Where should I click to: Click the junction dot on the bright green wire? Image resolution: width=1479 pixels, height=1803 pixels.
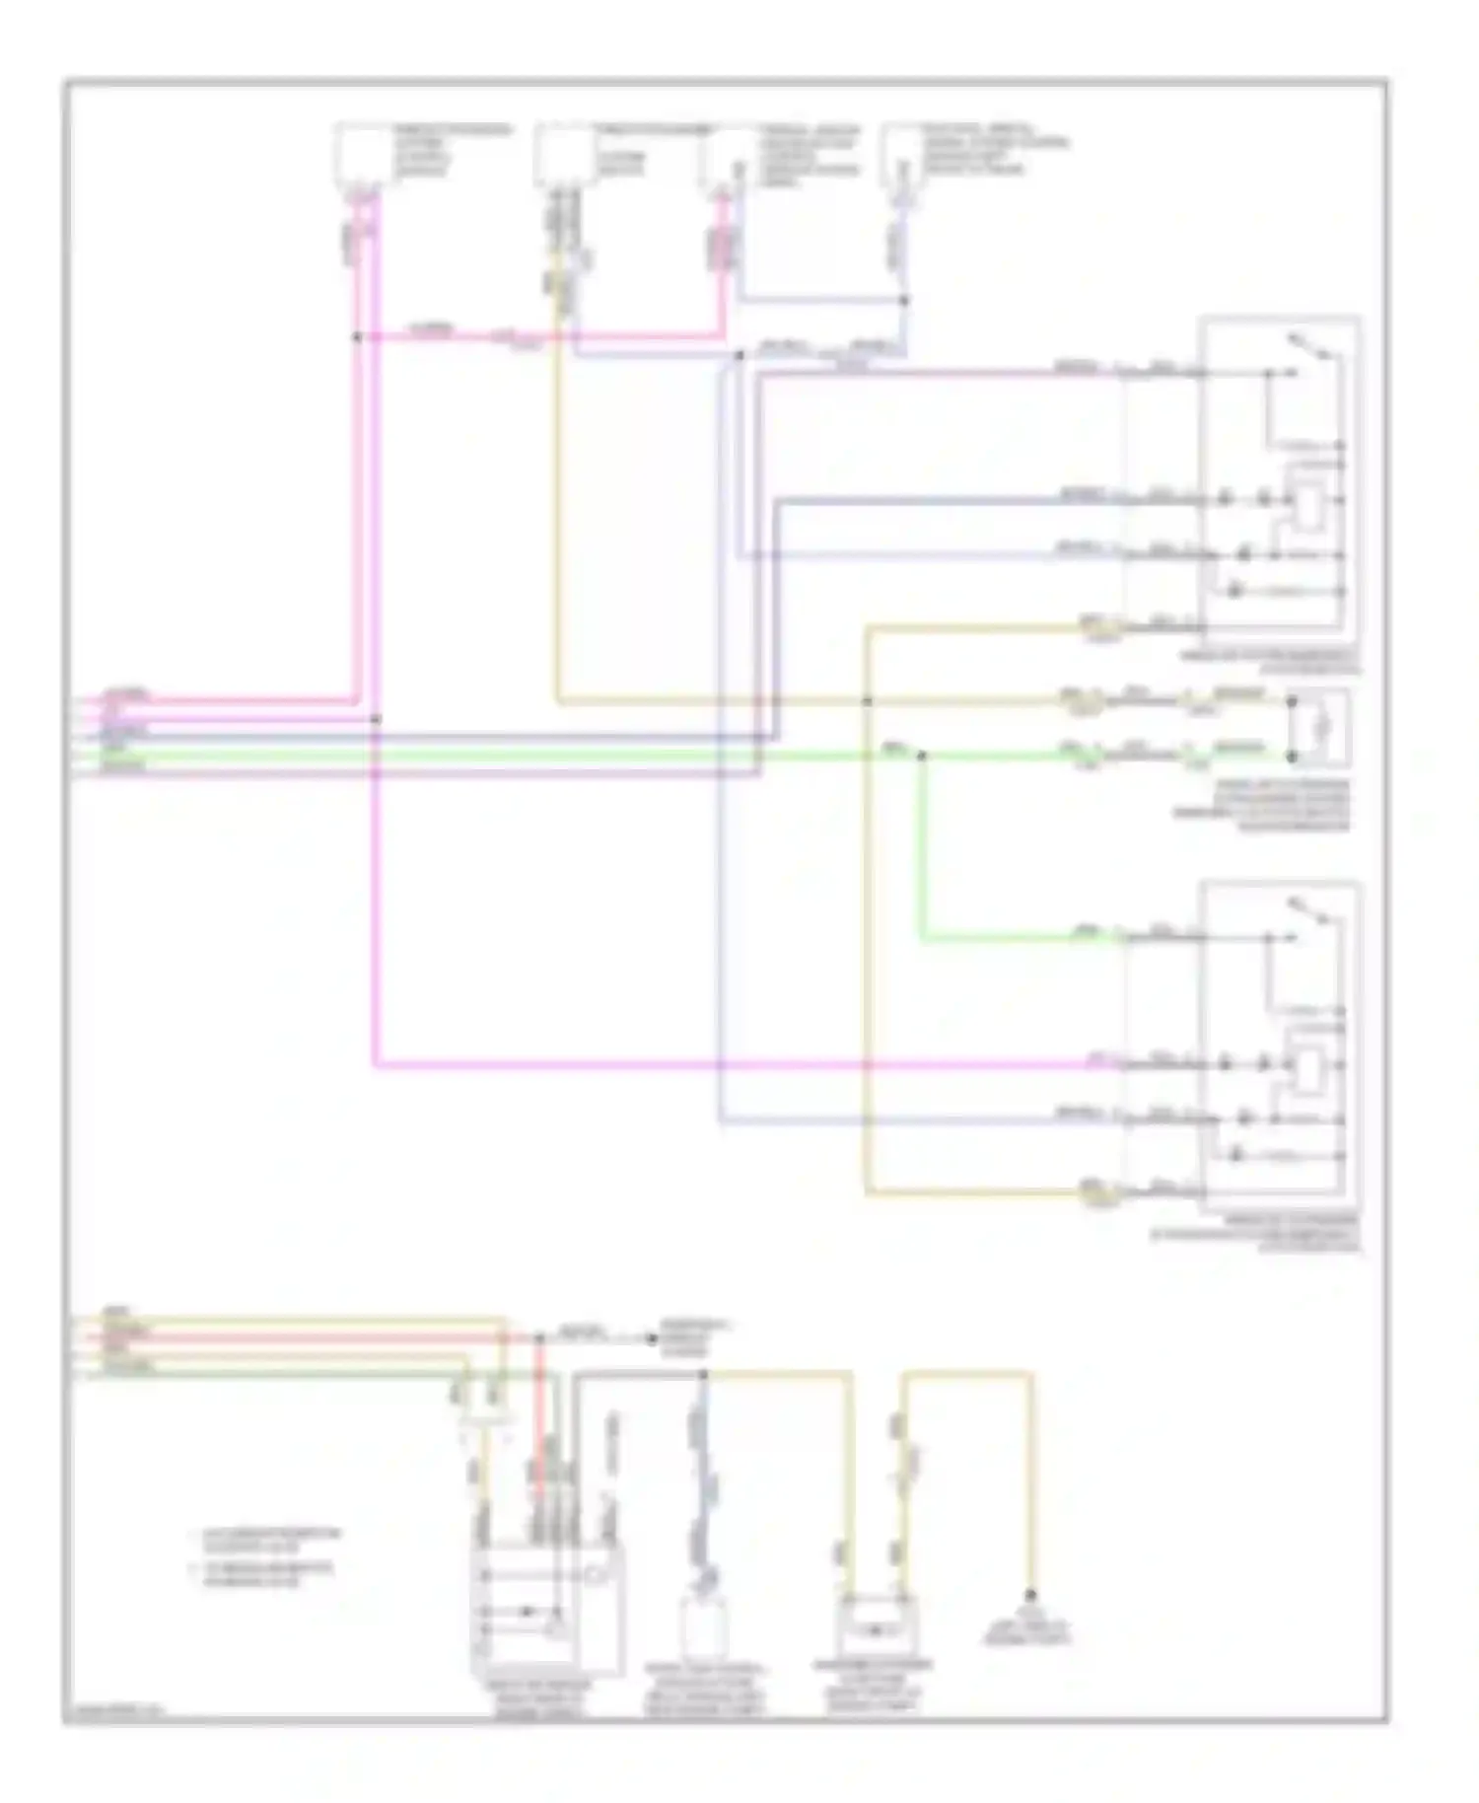[x=921, y=756]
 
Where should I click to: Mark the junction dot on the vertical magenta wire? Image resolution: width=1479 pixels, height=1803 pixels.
[x=375, y=719]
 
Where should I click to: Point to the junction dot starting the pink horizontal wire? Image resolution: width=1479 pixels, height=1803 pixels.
[x=357, y=336]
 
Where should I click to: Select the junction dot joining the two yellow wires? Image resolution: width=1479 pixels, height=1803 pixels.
[x=868, y=701]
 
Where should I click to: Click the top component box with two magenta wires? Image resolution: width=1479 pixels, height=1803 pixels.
[x=363, y=153]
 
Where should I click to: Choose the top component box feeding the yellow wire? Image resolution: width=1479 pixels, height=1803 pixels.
[x=564, y=153]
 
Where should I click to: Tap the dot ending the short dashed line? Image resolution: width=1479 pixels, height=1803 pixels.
[x=651, y=1338]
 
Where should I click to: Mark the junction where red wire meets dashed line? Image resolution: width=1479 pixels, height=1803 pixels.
[x=540, y=1338]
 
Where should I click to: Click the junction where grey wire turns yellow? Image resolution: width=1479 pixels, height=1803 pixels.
[x=704, y=1373]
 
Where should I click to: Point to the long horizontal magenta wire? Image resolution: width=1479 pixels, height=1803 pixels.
[x=730, y=1065]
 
